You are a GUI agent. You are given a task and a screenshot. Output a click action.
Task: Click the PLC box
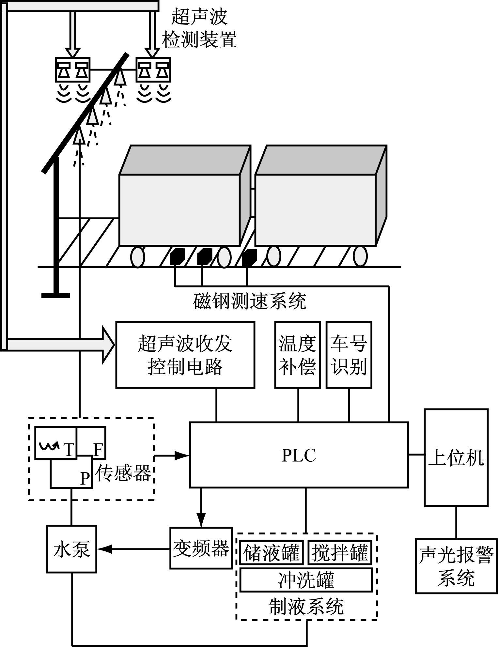[299, 455]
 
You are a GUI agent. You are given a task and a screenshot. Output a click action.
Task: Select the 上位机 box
[456, 457]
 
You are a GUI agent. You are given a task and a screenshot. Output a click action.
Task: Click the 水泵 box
[71, 549]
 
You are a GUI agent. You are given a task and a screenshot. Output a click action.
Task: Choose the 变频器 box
[201, 548]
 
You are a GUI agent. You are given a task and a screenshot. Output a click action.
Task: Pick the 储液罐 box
[272, 553]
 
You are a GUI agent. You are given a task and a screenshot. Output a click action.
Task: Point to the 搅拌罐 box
[340, 553]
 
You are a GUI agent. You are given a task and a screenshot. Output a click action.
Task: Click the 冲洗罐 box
[306, 580]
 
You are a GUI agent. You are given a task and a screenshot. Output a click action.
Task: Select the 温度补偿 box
[297, 355]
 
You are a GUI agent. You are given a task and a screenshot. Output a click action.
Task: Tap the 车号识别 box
[349, 355]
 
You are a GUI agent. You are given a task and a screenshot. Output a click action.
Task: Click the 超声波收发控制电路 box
[185, 355]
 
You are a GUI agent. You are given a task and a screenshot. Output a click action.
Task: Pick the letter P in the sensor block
[85, 478]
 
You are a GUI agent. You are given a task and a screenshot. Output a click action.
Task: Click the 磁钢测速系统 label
[250, 301]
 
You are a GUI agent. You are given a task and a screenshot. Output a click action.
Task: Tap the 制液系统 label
[306, 607]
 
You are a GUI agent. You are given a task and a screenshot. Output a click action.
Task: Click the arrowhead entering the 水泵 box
[104, 549]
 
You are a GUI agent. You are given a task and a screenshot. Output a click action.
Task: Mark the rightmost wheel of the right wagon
[360, 256]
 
